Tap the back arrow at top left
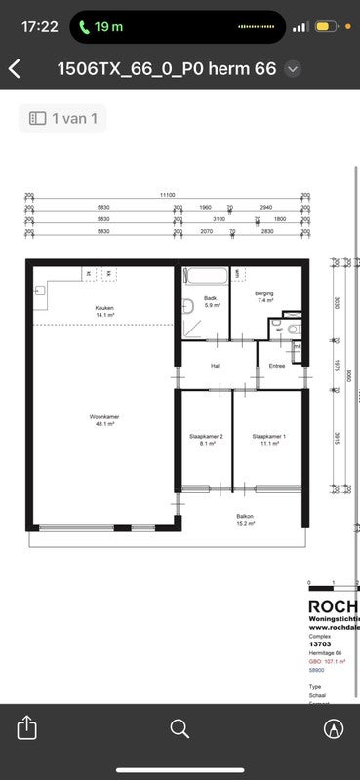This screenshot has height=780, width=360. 15,68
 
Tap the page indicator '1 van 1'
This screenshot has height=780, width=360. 63,118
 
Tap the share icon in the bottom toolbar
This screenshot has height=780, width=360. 26,728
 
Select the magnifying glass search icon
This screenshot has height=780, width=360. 180,728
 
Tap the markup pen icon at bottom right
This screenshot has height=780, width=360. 334,728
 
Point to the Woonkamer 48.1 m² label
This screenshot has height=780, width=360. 104,420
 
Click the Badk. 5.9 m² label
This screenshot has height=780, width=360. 210,301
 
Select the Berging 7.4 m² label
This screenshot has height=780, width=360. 263,297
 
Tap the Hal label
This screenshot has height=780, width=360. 216,366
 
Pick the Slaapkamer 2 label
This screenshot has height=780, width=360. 206,439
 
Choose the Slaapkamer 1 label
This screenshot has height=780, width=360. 268,439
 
